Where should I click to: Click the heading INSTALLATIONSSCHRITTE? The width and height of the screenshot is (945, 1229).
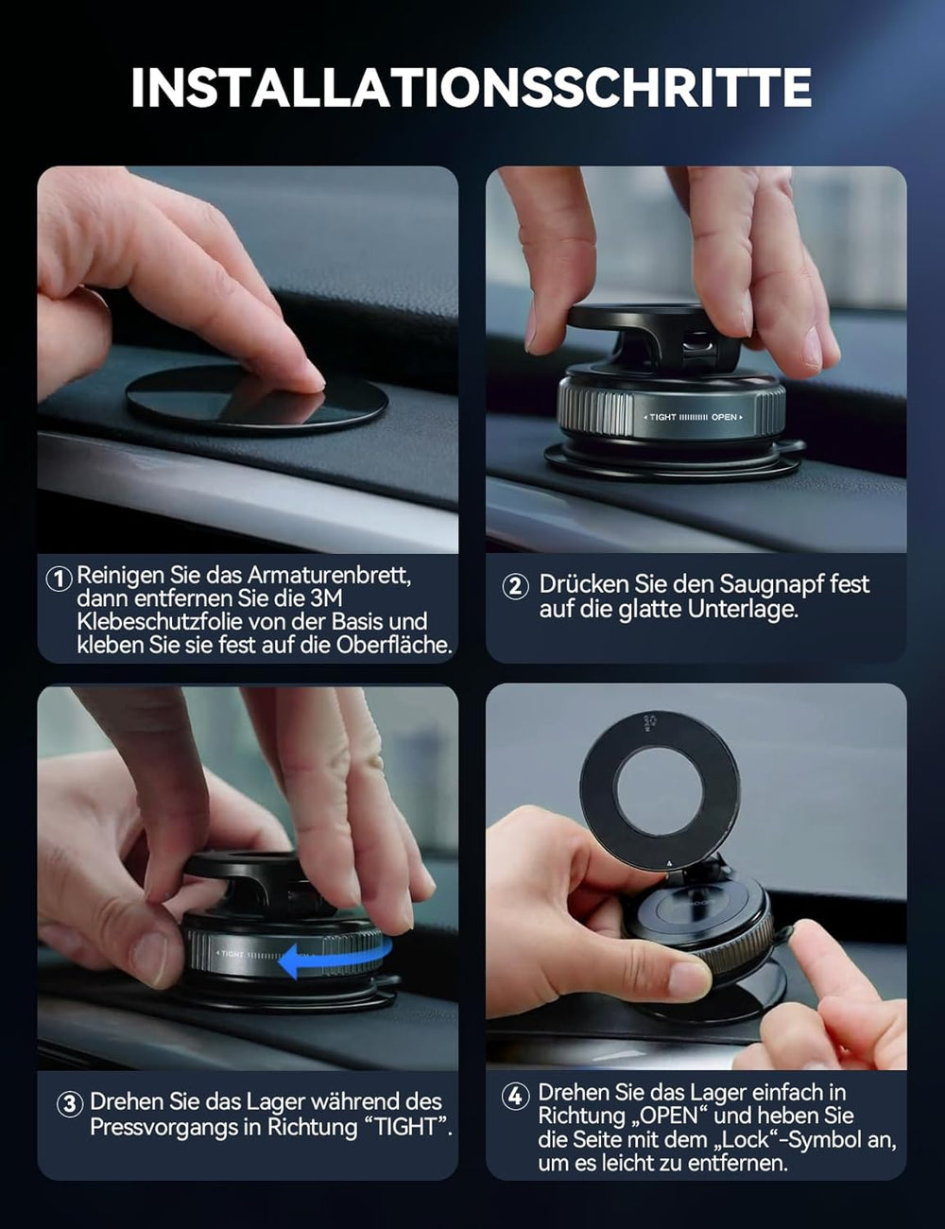(x=471, y=87)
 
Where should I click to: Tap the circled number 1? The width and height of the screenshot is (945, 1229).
(x=59, y=578)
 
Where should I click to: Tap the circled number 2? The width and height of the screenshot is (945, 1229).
(x=515, y=586)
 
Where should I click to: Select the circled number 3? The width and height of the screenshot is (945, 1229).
(x=70, y=1104)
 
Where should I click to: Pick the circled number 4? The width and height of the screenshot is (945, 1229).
(x=514, y=1096)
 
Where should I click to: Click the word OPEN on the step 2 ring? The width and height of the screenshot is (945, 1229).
(x=724, y=417)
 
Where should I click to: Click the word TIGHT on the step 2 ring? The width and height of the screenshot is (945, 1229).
(x=662, y=417)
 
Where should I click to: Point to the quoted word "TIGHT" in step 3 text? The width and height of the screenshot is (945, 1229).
(x=406, y=1127)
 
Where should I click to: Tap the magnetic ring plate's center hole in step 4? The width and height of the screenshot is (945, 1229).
(x=659, y=789)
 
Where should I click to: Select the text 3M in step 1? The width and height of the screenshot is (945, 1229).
(x=326, y=598)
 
